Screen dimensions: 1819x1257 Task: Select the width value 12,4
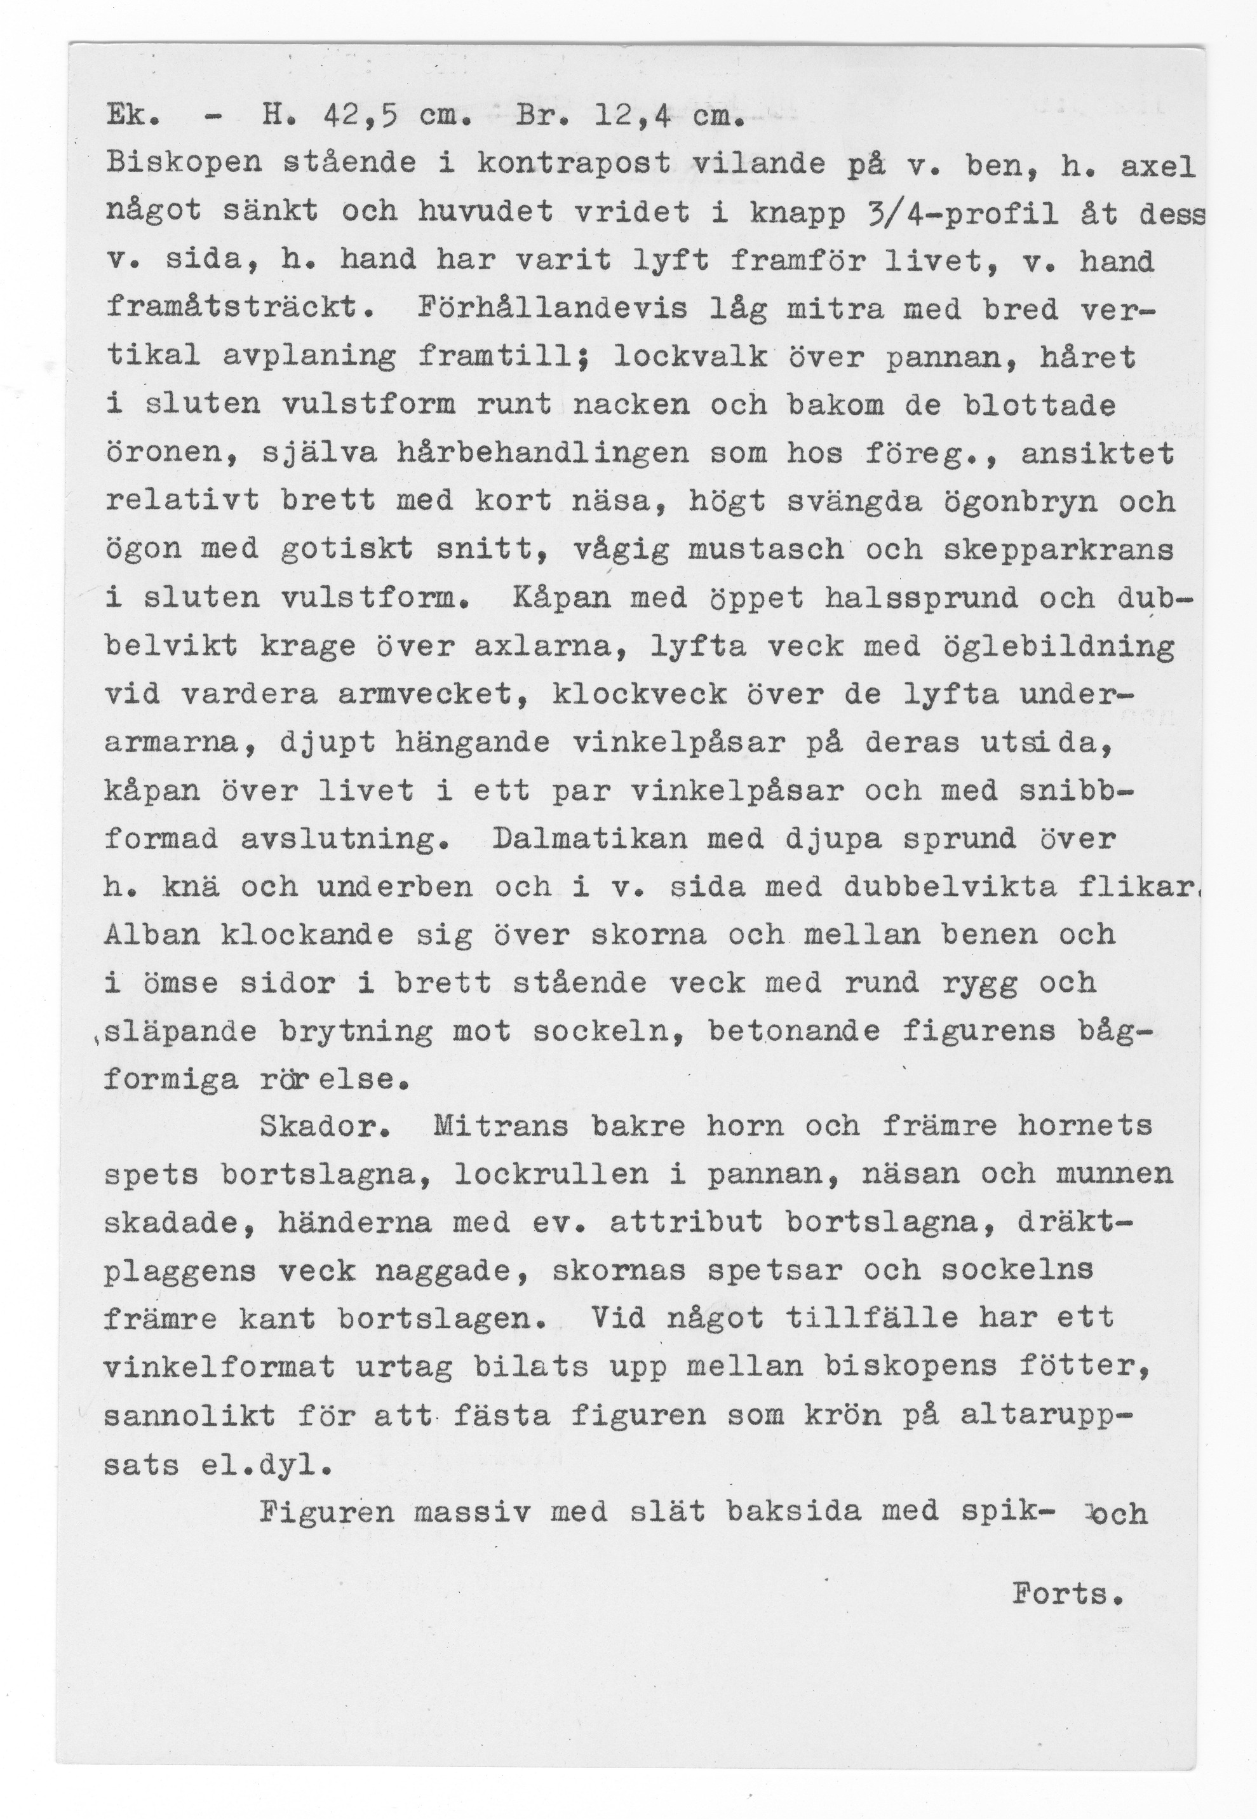click(631, 118)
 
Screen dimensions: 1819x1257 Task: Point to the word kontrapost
click(574, 165)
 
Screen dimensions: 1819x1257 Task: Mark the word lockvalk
click(690, 357)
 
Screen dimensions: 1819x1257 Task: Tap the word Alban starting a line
click(152, 935)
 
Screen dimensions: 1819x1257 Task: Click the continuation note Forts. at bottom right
click(1066, 1595)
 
